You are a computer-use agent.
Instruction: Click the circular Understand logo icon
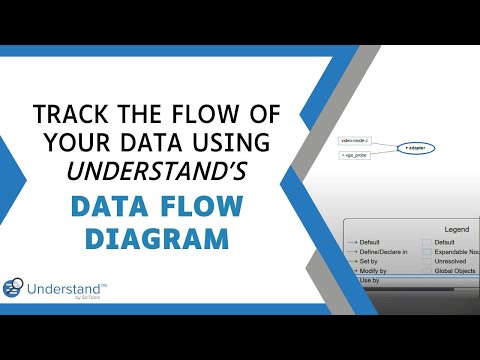(15, 287)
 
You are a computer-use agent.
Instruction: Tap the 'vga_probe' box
(356, 156)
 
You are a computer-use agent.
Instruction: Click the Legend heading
(456, 230)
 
